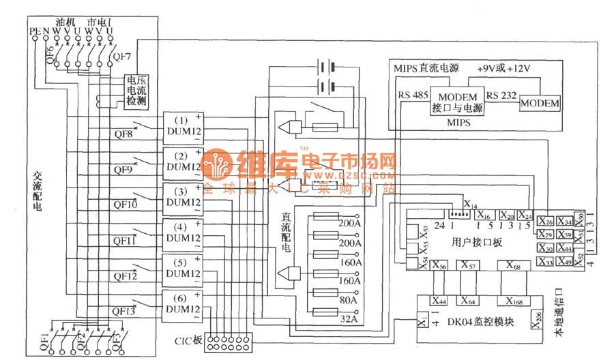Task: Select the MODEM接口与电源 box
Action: tap(457, 103)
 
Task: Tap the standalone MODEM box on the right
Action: tap(539, 104)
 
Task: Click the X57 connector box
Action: tap(468, 265)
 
